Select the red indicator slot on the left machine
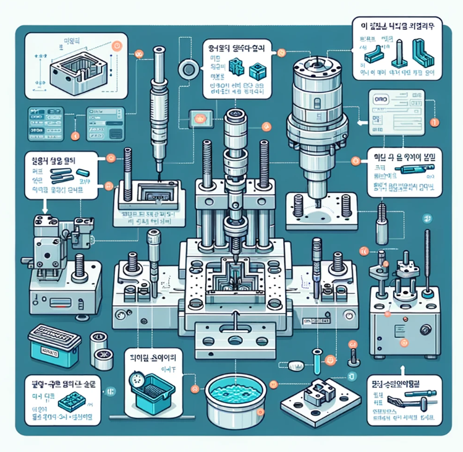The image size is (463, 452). pyautogui.click(x=62, y=303)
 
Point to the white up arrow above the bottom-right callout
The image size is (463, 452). pyautogui.click(x=402, y=370)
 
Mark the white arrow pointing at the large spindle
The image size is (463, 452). pyautogui.click(x=357, y=121)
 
